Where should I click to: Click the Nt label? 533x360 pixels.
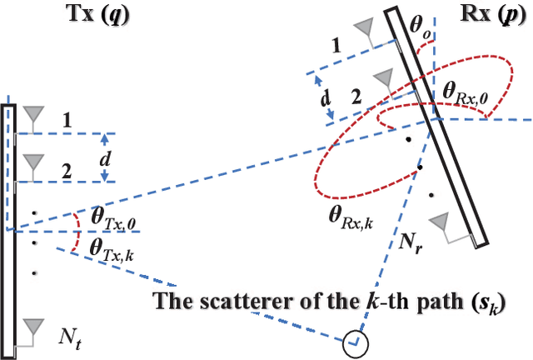pyautogui.click(x=69, y=337)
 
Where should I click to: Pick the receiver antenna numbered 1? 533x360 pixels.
pyautogui.click(x=363, y=30)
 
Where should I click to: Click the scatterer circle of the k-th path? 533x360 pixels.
pyautogui.click(x=356, y=341)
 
